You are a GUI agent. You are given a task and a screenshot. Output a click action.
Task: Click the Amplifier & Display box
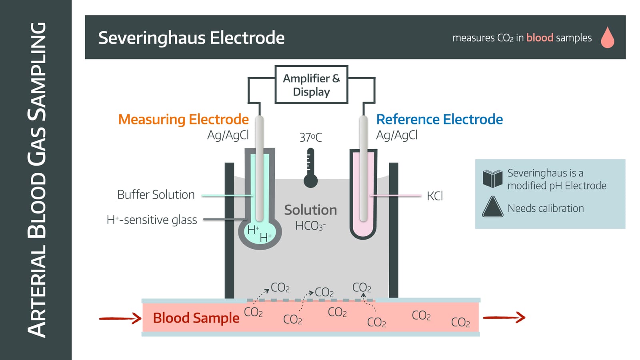tap(311, 85)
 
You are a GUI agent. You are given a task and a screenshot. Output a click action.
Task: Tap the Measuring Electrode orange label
tap(183, 119)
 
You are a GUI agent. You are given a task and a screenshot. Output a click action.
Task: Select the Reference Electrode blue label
tap(439, 119)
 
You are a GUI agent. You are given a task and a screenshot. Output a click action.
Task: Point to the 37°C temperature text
tap(310, 137)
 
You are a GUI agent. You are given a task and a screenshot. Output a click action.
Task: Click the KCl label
tap(434, 196)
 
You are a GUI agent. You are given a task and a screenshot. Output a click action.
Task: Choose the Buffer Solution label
tap(156, 195)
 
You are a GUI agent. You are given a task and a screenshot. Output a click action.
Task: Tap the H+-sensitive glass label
tap(152, 220)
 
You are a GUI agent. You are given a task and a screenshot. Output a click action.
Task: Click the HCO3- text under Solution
tap(310, 226)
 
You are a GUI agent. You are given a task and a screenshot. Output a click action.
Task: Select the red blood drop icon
tap(607, 38)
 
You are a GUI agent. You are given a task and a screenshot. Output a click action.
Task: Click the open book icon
tap(492, 178)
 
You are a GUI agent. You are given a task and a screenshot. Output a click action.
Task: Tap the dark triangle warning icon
tap(492, 208)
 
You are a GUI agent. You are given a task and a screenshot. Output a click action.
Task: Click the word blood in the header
tap(539, 38)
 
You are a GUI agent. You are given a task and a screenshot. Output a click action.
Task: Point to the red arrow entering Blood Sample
tap(120, 318)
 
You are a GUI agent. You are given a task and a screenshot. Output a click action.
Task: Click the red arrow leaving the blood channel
tap(504, 318)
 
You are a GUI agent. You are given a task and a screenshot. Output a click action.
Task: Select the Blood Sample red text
tap(196, 318)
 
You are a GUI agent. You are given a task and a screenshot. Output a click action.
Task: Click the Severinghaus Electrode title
tap(191, 38)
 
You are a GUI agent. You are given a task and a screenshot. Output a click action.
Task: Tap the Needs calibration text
tap(545, 208)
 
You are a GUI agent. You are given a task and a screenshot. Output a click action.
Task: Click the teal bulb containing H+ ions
tap(260, 234)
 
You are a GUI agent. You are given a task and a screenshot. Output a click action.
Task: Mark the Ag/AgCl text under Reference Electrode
tap(396, 135)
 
